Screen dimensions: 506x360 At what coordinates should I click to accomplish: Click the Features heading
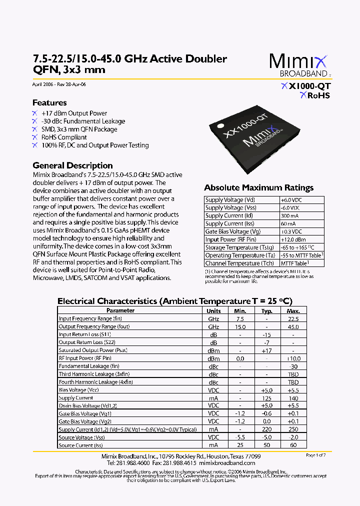49,102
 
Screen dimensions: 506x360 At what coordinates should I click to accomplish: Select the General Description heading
72,165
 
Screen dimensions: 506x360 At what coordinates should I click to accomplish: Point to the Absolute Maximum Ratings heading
258,188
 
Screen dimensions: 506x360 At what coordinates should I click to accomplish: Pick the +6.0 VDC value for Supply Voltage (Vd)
290,199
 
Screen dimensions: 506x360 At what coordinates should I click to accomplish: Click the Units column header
213,310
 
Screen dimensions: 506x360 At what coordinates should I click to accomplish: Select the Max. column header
293,310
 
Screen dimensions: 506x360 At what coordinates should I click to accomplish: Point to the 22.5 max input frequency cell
293,318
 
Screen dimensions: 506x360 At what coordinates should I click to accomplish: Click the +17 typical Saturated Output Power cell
266,350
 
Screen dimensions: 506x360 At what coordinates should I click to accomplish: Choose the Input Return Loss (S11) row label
84,334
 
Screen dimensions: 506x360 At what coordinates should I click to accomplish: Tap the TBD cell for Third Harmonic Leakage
293,374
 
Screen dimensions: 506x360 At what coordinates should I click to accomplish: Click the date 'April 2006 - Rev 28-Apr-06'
59,84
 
